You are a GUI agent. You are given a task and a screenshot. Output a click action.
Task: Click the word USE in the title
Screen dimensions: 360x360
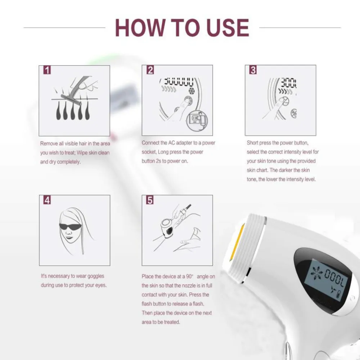(228, 28)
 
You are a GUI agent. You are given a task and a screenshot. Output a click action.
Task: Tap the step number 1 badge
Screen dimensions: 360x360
(47, 70)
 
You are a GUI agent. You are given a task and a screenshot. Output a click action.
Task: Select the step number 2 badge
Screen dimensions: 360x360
(150, 70)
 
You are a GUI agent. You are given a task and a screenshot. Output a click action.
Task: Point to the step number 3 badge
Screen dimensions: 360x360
(253, 70)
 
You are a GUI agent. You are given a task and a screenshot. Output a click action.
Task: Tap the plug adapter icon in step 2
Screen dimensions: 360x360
(197, 120)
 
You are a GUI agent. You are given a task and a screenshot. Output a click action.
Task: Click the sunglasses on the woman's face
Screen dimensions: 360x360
(70, 226)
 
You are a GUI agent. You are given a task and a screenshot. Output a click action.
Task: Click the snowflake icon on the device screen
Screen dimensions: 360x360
(316, 273)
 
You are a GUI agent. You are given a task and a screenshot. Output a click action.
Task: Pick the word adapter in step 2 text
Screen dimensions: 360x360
(184, 143)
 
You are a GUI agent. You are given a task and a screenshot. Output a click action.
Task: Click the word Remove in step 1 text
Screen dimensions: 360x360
(49, 144)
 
